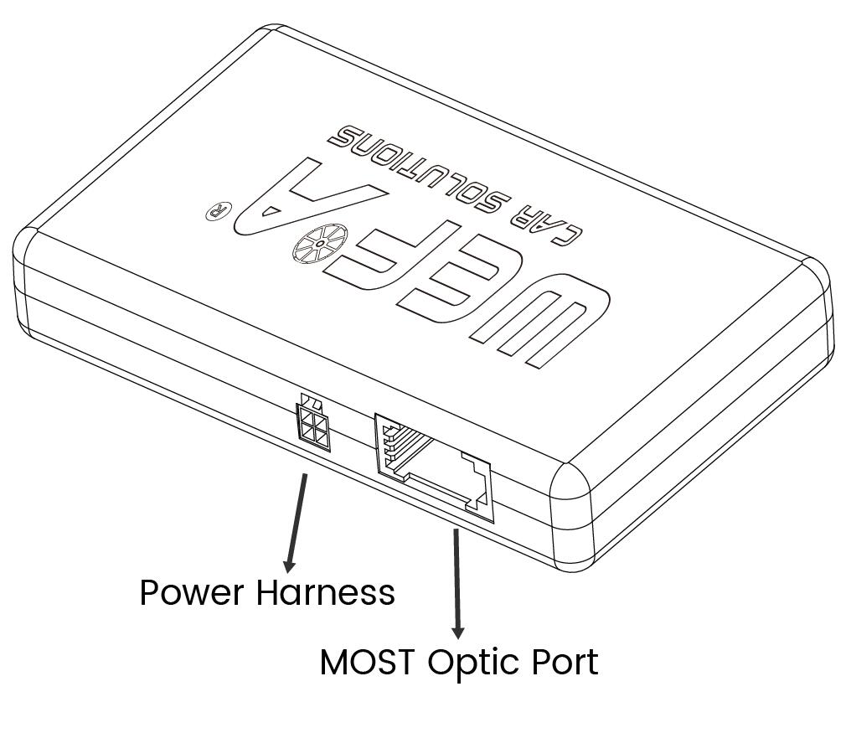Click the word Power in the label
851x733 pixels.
point(192,593)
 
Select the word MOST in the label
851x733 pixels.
point(369,662)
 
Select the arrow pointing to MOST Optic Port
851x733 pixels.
point(457,584)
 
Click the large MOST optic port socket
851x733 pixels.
point(434,467)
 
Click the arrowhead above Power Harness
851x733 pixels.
point(289,565)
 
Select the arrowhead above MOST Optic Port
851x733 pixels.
point(458,632)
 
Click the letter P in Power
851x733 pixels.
point(149,592)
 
